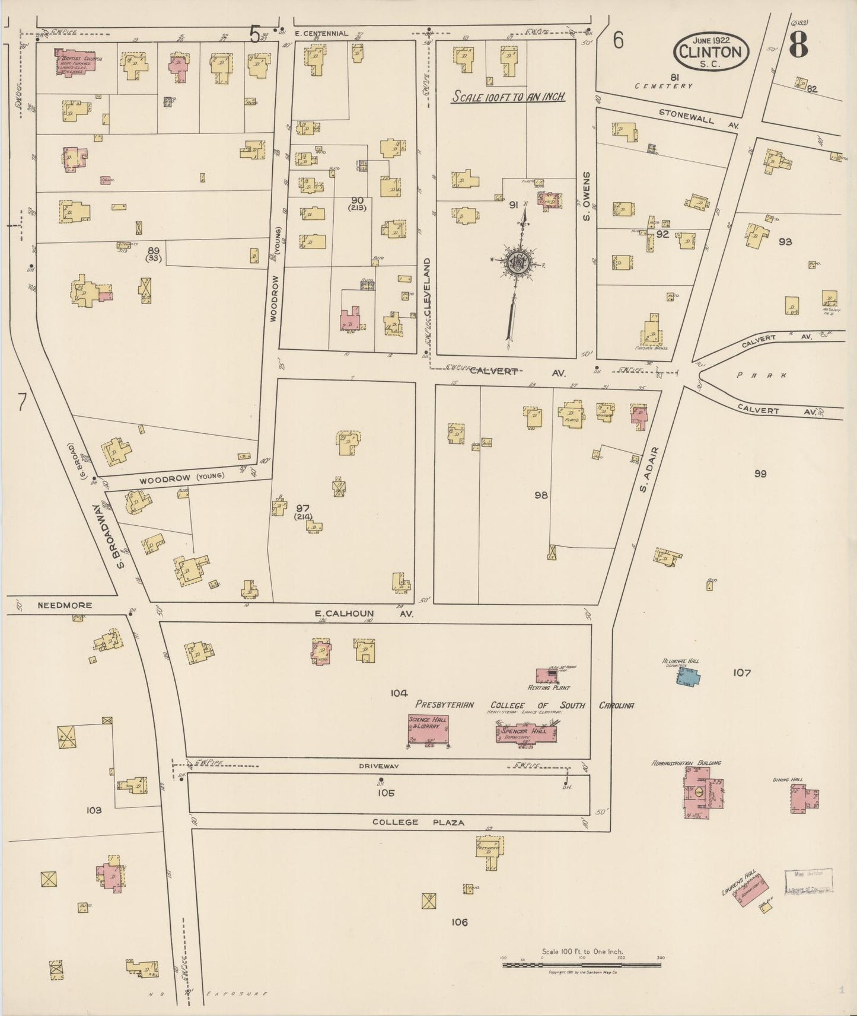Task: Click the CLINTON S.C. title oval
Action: coord(711,52)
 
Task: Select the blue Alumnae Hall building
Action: coord(689,676)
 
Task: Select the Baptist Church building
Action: coord(75,60)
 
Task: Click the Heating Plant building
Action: coord(550,675)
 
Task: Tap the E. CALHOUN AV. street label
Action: coord(363,614)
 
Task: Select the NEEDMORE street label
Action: coord(65,605)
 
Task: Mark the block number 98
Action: coord(540,495)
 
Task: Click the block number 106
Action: coord(459,922)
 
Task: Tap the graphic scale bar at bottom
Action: coord(581,965)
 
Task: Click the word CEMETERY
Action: coord(663,87)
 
